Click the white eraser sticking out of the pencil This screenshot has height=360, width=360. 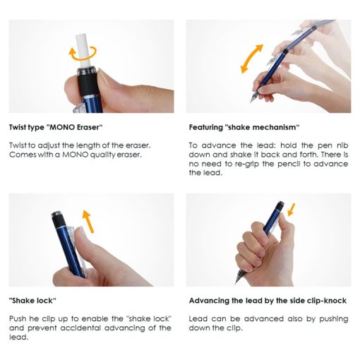coord(83,51)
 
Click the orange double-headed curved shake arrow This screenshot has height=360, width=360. coord(251,59)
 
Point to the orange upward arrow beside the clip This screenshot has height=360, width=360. coord(88,221)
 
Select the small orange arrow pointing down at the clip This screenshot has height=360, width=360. coord(292,210)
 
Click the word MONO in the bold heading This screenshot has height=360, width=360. coord(61,127)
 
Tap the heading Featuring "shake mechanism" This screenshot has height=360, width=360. coord(244,127)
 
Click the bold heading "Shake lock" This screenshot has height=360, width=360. coord(32,301)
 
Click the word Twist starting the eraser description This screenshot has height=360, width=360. coord(18,145)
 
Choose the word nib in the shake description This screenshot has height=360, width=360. coord(342,145)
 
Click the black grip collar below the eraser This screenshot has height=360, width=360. coord(88,84)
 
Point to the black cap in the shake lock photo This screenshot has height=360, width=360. coord(57,220)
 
